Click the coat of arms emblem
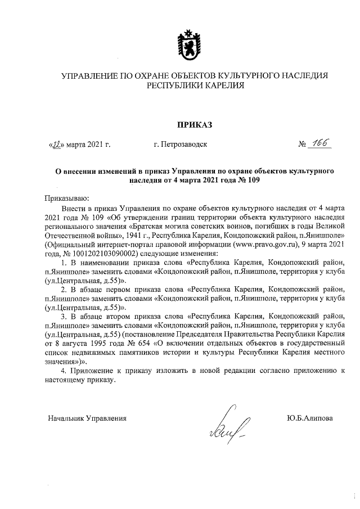click(x=186, y=43)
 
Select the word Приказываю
click(x=66, y=197)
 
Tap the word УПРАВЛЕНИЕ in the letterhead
click(x=89, y=75)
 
